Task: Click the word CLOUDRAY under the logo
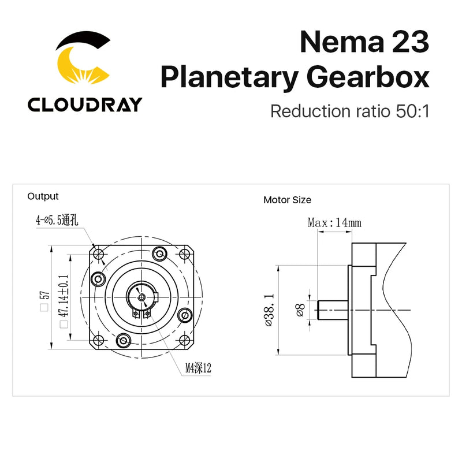click(84, 105)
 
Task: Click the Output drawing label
click(43, 196)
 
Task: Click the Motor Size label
click(287, 200)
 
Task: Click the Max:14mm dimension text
click(334, 222)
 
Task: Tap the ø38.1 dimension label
click(271, 310)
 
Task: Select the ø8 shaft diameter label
click(299, 310)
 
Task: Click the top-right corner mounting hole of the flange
click(185, 254)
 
